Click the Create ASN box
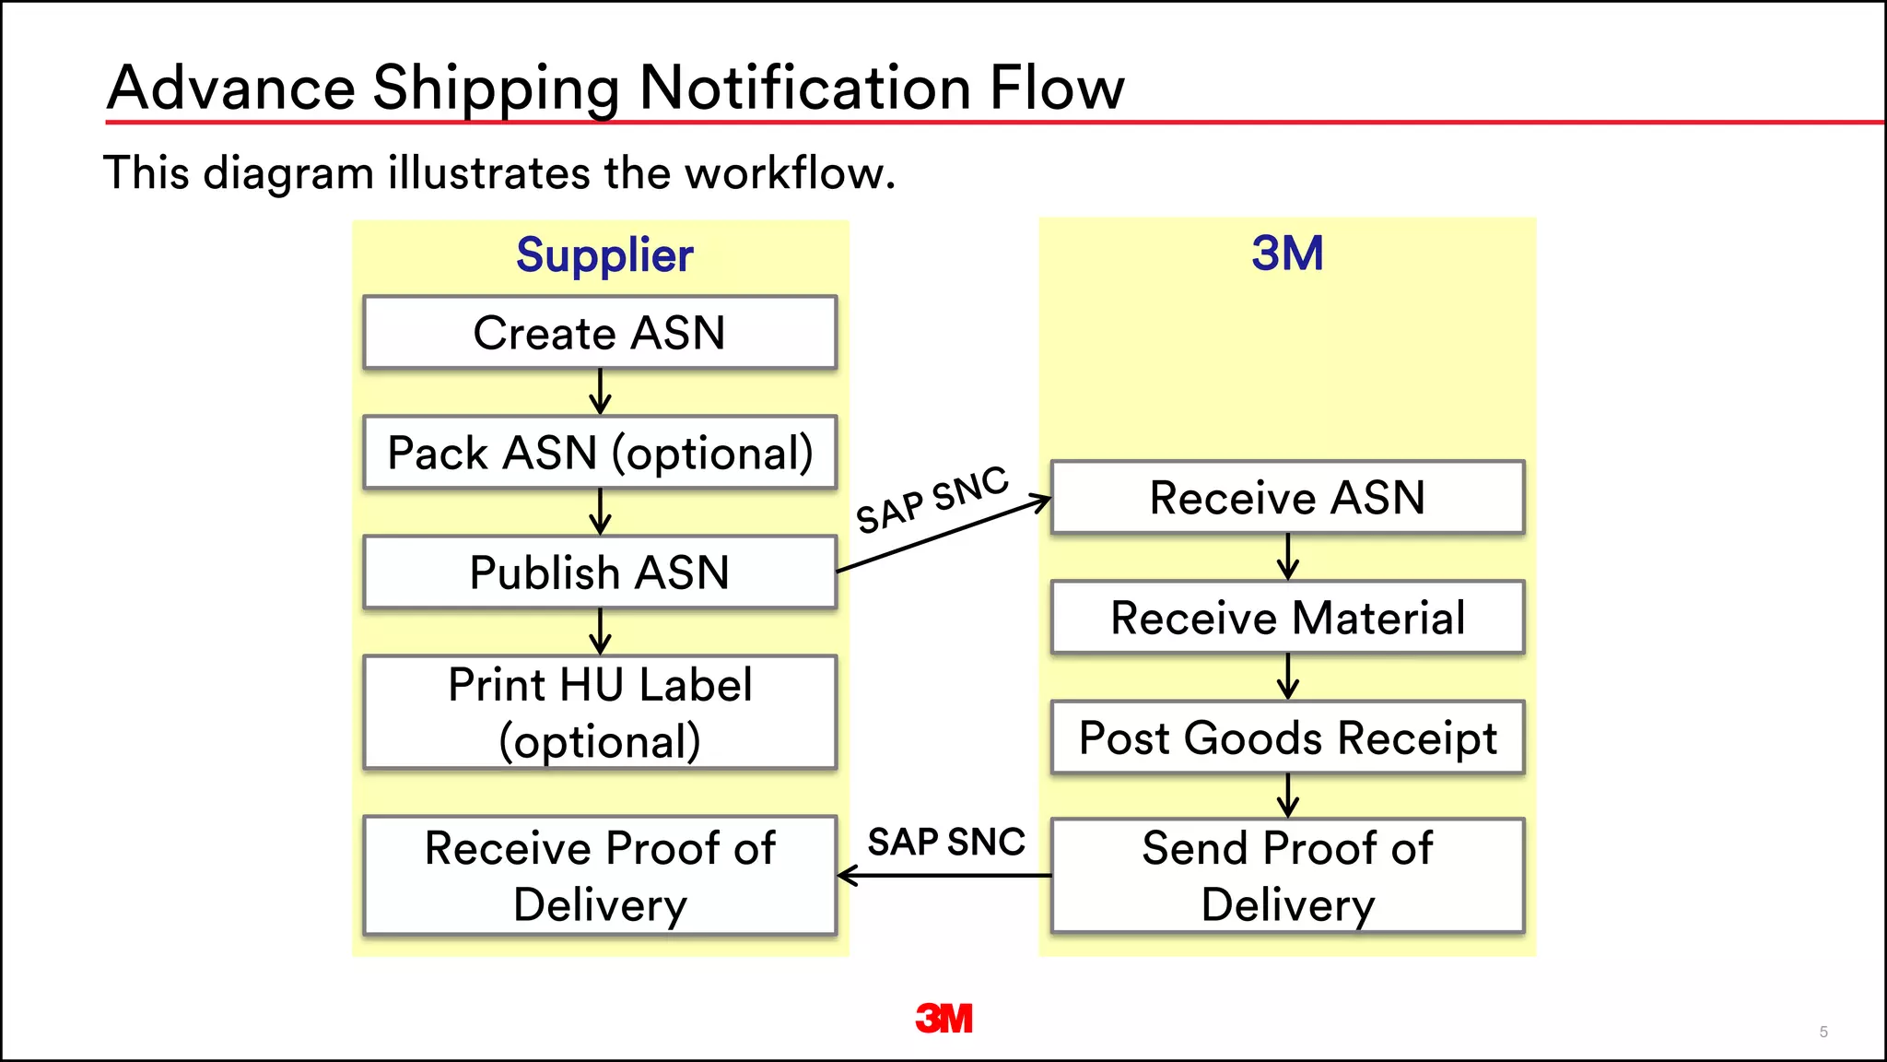pos(600,333)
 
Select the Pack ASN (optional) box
pos(600,453)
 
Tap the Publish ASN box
pos(600,572)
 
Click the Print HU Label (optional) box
pos(600,713)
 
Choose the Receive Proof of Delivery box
pos(600,876)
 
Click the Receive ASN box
pos(1287,498)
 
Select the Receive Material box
pos(1287,618)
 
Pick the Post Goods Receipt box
pos(1287,737)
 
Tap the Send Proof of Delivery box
pos(1287,876)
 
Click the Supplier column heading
pos(604,255)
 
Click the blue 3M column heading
pos(1287,254)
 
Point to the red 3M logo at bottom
pos(943,1019)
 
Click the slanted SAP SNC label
pos(932,500)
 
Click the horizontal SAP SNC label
pos(946,842)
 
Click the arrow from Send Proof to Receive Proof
pos(943,876)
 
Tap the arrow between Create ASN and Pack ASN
pos(600,392)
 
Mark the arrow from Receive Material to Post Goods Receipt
pos(1288,677)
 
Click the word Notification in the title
pos(804,88)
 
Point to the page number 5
pos(1823,1032)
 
